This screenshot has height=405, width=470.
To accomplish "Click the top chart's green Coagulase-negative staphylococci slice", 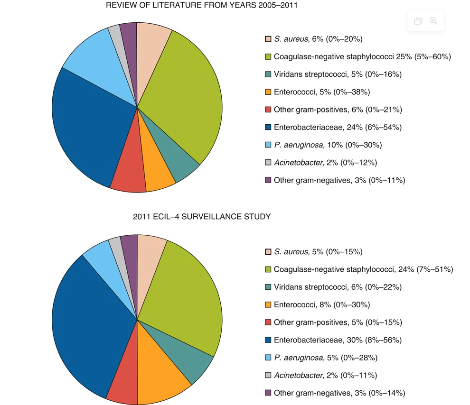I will [x=183, y=95].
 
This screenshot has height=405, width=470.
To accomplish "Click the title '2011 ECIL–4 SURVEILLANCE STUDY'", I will [x=202, y=217].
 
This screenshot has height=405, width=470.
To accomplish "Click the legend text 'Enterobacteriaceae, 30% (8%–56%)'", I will [x=338, y=340].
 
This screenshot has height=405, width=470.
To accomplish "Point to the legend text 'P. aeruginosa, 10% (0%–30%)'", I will [x=328, y=145].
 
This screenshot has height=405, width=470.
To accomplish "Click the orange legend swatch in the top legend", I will [x=268, y=92].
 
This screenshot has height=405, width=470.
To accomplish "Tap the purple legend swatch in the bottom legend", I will [x=268, y=393].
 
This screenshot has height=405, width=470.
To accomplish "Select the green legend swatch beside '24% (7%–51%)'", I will [x=268, y=269].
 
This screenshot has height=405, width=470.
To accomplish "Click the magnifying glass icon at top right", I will [x=433, y=21].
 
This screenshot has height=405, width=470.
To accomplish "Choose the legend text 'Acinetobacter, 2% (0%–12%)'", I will [x=325, y=163].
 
